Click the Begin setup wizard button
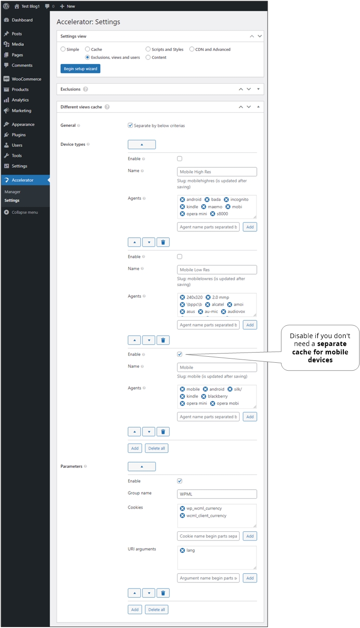click(x=80, y=69)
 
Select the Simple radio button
click(x=63, y=49)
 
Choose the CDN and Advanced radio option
click(x=192, y=49)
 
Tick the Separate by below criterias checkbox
click(x=131, y=125)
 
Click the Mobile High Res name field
click(x=217, y=172)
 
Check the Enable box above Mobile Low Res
click(x=180, y=256)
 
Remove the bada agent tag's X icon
click(x=207, y=200)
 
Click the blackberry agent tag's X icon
click(x=204, y=396)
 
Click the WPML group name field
click(x=217, y=494)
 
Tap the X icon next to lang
click(x=182, y=550)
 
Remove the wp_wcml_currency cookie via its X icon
click(x=182, y=509)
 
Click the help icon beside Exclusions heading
click(x=85, y=89)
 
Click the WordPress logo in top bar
click(x=6, y=6)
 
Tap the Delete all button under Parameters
click(x=157, y=609)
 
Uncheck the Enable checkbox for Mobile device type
click(x=180, y=354)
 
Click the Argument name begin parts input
click(x=208, y=578)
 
